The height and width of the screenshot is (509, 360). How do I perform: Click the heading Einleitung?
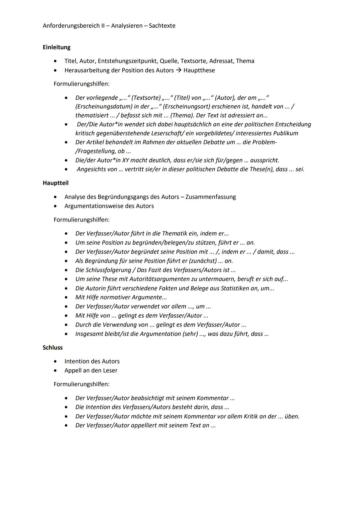tap(56, 47)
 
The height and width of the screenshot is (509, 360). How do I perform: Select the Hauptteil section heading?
tap(55, 183)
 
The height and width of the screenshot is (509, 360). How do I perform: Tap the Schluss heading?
tap(53, 348)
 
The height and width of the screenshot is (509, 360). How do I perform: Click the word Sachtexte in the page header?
tap(162, 26)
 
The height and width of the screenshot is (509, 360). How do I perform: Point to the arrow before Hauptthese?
tap(178, 70)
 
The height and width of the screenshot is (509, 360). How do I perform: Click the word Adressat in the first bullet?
tap(221, 61)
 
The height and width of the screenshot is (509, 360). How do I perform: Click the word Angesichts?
tap(93, 169)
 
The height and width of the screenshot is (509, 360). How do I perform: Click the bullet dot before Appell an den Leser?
tap(56, 371)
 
